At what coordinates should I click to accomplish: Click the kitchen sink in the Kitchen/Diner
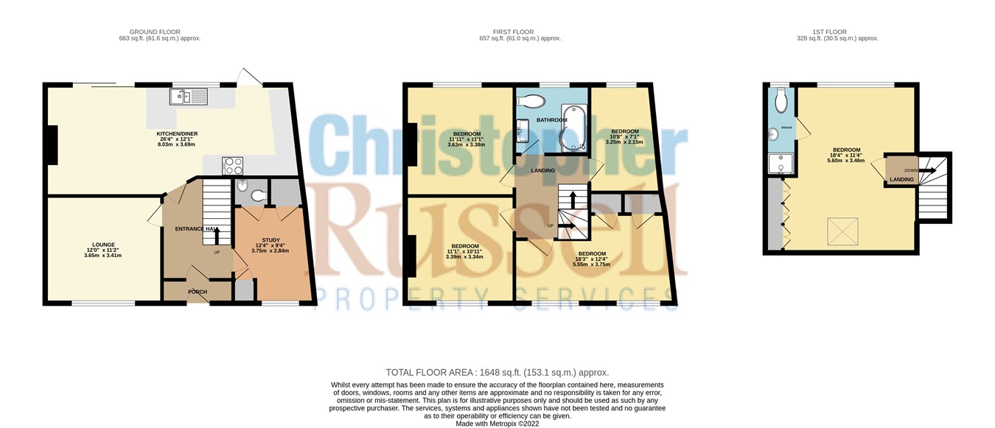pos(189,97)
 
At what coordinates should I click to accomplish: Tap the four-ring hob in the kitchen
pos(234,165)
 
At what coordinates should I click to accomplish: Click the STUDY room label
pos(270,240)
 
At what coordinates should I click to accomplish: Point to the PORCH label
pos(197,292)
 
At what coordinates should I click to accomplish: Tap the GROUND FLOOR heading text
pos(160,32)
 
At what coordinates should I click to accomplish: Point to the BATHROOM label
pos(551,119)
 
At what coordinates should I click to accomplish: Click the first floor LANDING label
pos(542,171)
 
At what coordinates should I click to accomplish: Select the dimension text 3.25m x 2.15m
pos(624,142)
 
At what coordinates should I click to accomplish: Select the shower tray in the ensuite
pos(778,164)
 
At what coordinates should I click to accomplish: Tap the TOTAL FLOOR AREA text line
pos(497,373)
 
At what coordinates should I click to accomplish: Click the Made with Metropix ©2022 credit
pos(497,424)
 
